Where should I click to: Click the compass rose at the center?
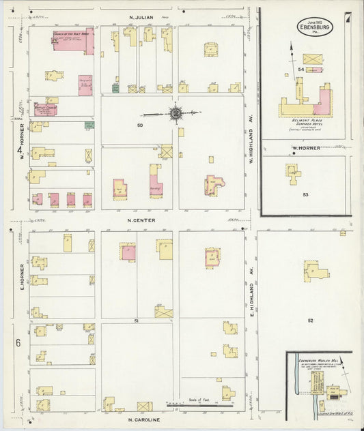coord(176,113)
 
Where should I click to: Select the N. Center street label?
coord(142,220)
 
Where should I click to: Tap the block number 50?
coord(139,125)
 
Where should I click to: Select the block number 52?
coord(310,321)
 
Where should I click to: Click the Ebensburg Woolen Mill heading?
coord(316,357)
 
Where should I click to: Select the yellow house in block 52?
coord(316,271)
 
